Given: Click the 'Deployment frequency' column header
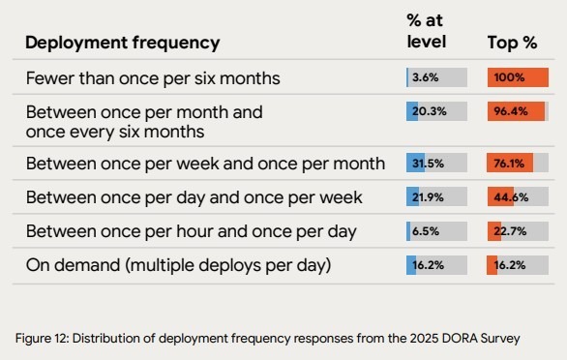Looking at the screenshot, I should [x=122, y=43].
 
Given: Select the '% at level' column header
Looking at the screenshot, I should [x=426, y=33].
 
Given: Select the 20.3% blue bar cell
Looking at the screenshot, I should [x=436, y=111].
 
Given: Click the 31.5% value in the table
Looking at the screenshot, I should [x=429, y=163].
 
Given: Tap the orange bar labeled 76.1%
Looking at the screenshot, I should [x=510, y=163].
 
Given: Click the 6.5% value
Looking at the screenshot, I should [x=427, y=231].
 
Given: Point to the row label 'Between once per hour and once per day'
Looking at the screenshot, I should [x=191, y=231].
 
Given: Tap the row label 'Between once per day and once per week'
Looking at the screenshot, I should [x=194, y=197].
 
